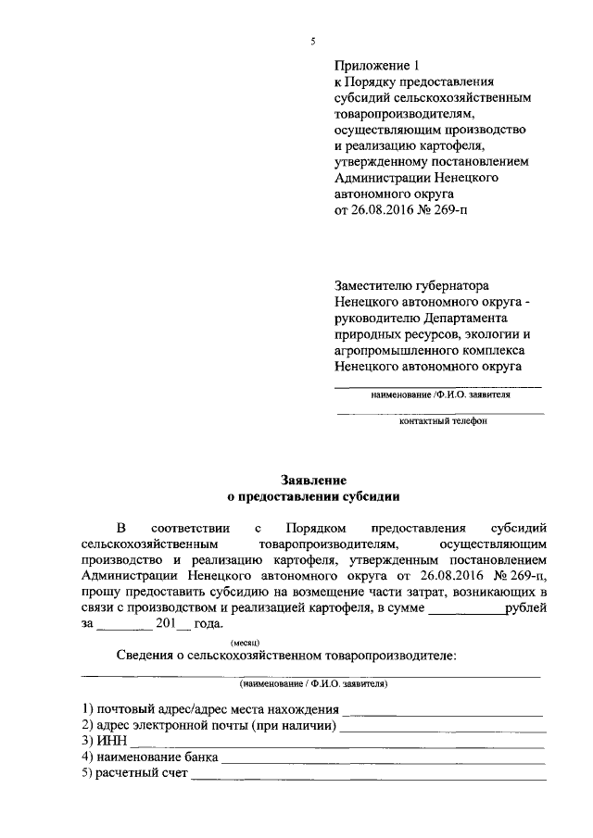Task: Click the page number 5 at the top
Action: pyautogui.click(x=313, y=41)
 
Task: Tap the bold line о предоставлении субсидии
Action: pyautogui.click(x=313, y=496)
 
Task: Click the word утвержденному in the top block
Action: pyautogui.click(x=378, y=161)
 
